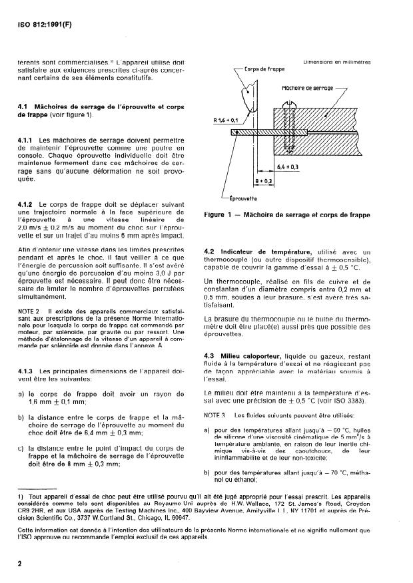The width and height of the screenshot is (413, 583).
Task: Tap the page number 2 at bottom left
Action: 19,562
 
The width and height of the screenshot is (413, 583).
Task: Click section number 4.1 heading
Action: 24,106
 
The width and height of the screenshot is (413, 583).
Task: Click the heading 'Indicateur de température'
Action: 256,252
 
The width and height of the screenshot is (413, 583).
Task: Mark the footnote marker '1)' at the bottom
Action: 21,496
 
